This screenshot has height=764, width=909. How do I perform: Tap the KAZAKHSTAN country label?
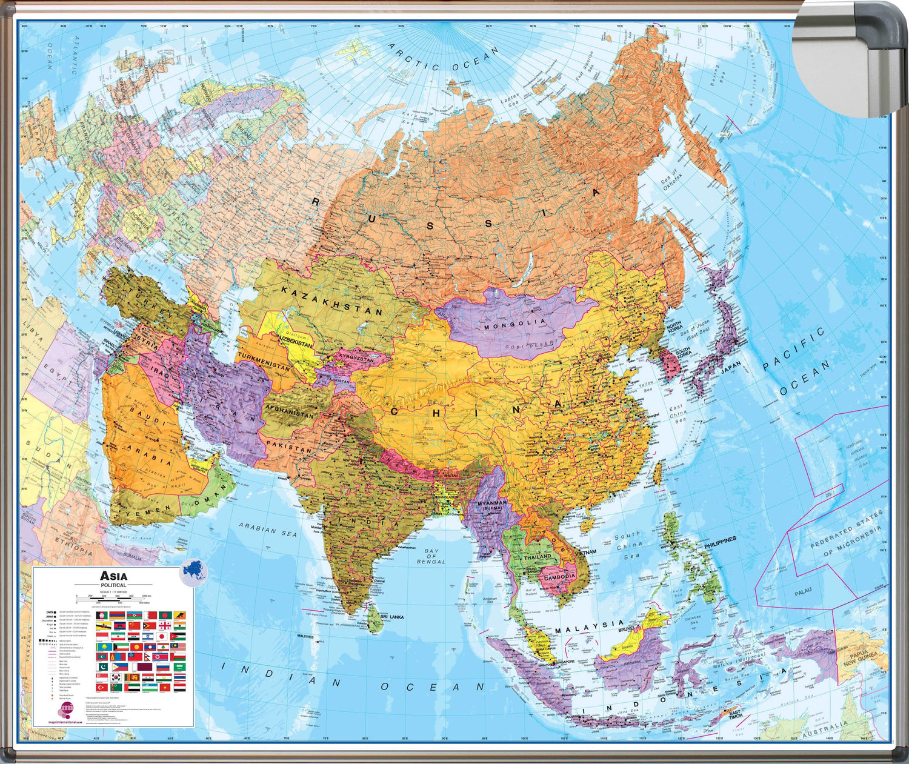pos(331,301)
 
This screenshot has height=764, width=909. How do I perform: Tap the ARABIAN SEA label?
pos(267,530)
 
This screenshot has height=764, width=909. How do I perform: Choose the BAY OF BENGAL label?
pos(431,556)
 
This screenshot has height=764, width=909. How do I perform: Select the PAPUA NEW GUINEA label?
pos(864,658)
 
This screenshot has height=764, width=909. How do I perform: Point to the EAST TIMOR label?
pos(734,715)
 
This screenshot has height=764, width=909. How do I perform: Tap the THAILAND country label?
pos(538,556)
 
